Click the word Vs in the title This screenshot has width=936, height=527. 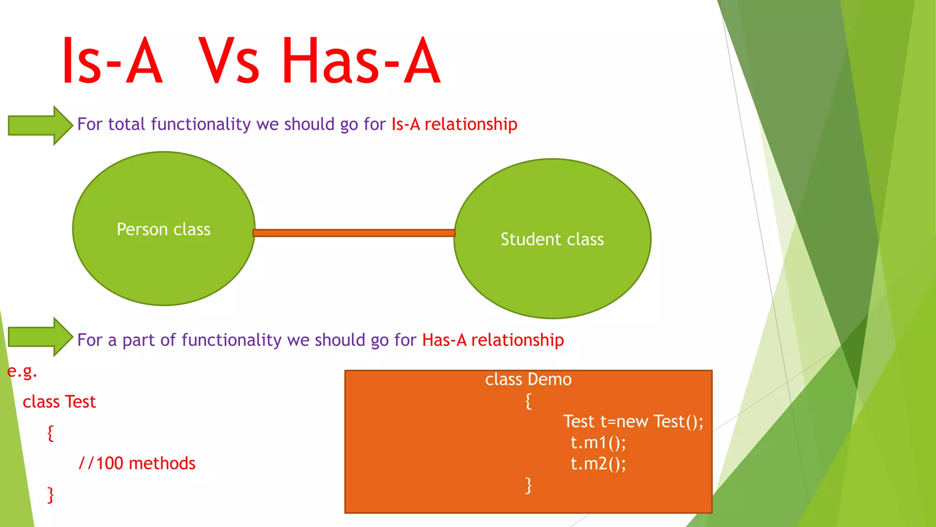click(229, 61)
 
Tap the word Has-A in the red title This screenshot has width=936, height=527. click(361, 61)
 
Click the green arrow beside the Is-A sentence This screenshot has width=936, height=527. click(40, 125)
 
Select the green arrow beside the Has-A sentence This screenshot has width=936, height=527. click(40, 337)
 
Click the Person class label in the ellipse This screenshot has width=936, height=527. click(164, 229)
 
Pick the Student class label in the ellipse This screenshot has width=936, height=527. click(552, 239)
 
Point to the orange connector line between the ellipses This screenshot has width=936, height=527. click(354, 233)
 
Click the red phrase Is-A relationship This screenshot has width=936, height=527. click(454, 124)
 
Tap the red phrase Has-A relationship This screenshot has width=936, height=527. click(493, 340)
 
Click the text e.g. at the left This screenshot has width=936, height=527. click(22, 371)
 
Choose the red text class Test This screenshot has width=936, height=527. click(59, 402)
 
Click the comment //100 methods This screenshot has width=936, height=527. click(137, 463)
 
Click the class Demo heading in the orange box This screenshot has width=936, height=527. click(528, 380)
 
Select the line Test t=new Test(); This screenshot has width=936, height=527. click(633, 422)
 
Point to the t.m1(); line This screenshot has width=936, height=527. click(598, 443)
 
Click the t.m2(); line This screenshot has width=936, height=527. click(598, 464)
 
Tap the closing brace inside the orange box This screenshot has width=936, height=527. click(528, 485)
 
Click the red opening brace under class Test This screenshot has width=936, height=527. click(51, 433)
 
